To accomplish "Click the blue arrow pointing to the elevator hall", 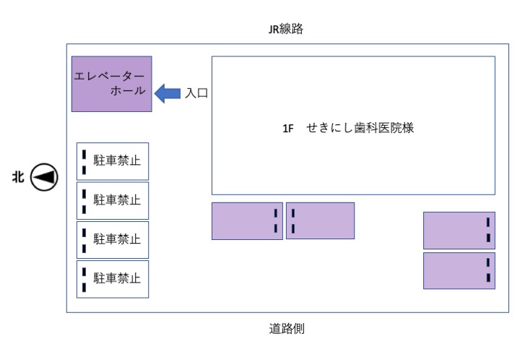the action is tap(168, 93).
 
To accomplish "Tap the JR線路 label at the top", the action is tap(285, 29).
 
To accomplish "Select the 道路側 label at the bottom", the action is tap(287, 328).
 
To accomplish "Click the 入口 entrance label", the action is tap(196, 93).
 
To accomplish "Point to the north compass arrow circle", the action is tap(44, 177).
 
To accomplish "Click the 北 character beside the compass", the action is tap(18, 176).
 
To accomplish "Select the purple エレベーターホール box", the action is tap(112, 84).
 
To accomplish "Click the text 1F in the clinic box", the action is tap(288, 129).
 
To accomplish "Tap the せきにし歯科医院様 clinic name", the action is tap(360, 128).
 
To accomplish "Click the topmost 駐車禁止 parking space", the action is tap(113, 161).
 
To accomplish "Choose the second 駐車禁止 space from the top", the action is tap(113, 201).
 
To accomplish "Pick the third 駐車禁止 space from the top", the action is tap(113, 240).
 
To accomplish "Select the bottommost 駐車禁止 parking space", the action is tap(113, 279).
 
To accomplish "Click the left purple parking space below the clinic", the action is tap(247, 221).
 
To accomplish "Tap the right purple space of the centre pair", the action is tap(320, 220).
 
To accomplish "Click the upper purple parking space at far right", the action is tap(459, 231).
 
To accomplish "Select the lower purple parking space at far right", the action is tap(459, 271).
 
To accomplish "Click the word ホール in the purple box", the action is tap(128, 90).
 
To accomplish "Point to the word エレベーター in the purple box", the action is tap(109, 76).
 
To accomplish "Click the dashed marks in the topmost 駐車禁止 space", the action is tap(84, 162).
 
